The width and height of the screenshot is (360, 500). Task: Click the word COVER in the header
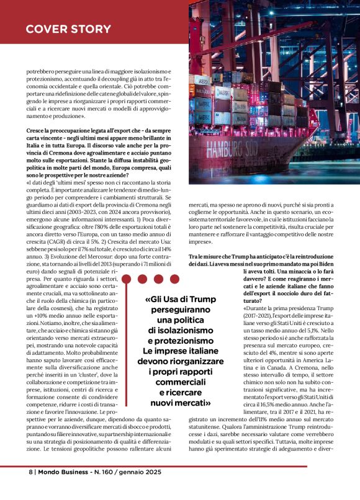(46, 30)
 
